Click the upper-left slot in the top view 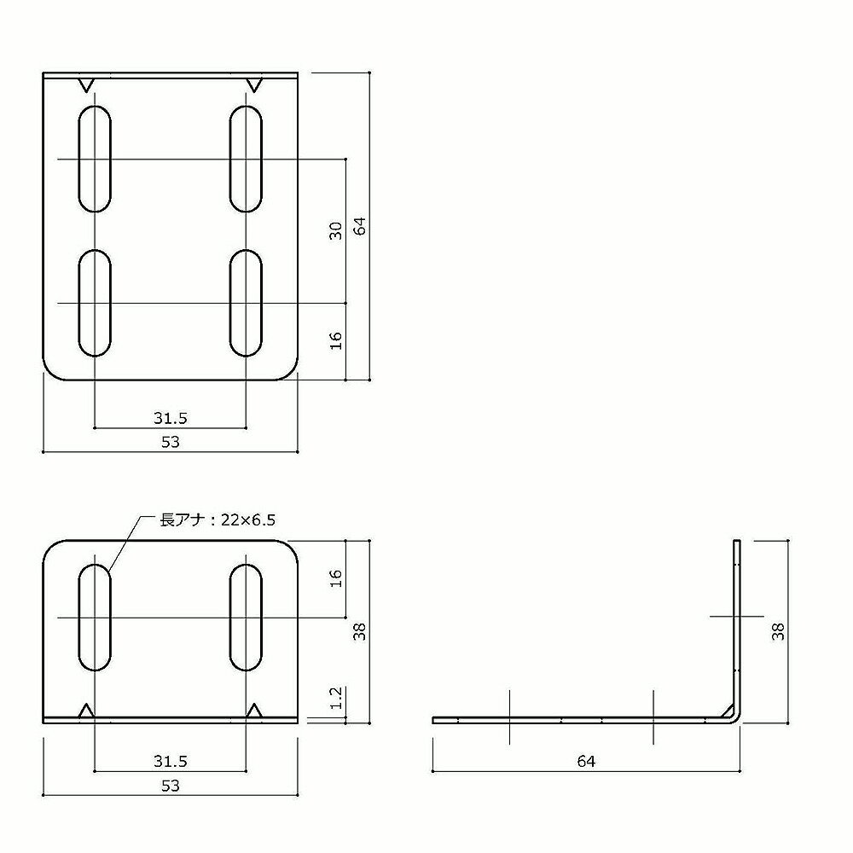95,159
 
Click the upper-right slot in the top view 247,159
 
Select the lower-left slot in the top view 95,303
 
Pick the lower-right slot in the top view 247,303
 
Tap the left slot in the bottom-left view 95,616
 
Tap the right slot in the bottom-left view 247,616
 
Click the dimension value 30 336,230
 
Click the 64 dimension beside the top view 361,226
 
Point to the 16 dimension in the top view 336,339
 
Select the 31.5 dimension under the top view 171,417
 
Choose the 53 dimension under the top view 171,441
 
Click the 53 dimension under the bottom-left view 171,786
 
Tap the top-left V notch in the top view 85,84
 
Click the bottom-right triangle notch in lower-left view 254,710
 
